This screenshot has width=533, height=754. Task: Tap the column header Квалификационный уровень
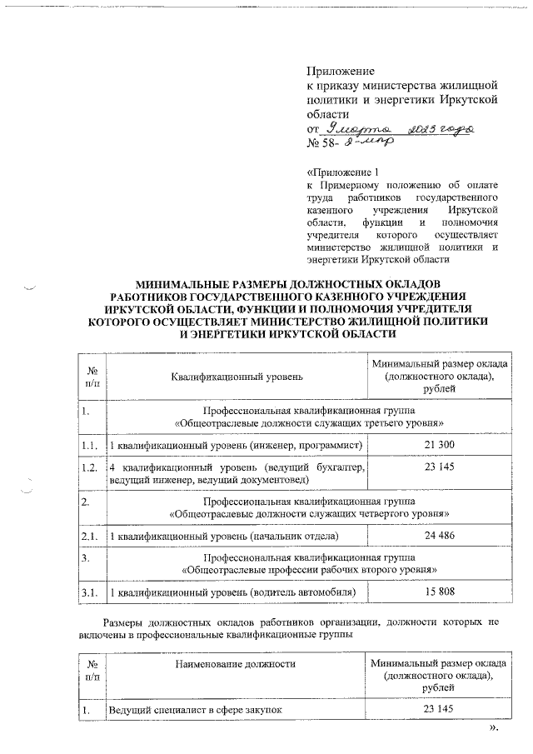pos(237,377)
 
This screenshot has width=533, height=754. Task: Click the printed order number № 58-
pos(321,143)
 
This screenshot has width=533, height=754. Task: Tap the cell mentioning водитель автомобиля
pos(234,592)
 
